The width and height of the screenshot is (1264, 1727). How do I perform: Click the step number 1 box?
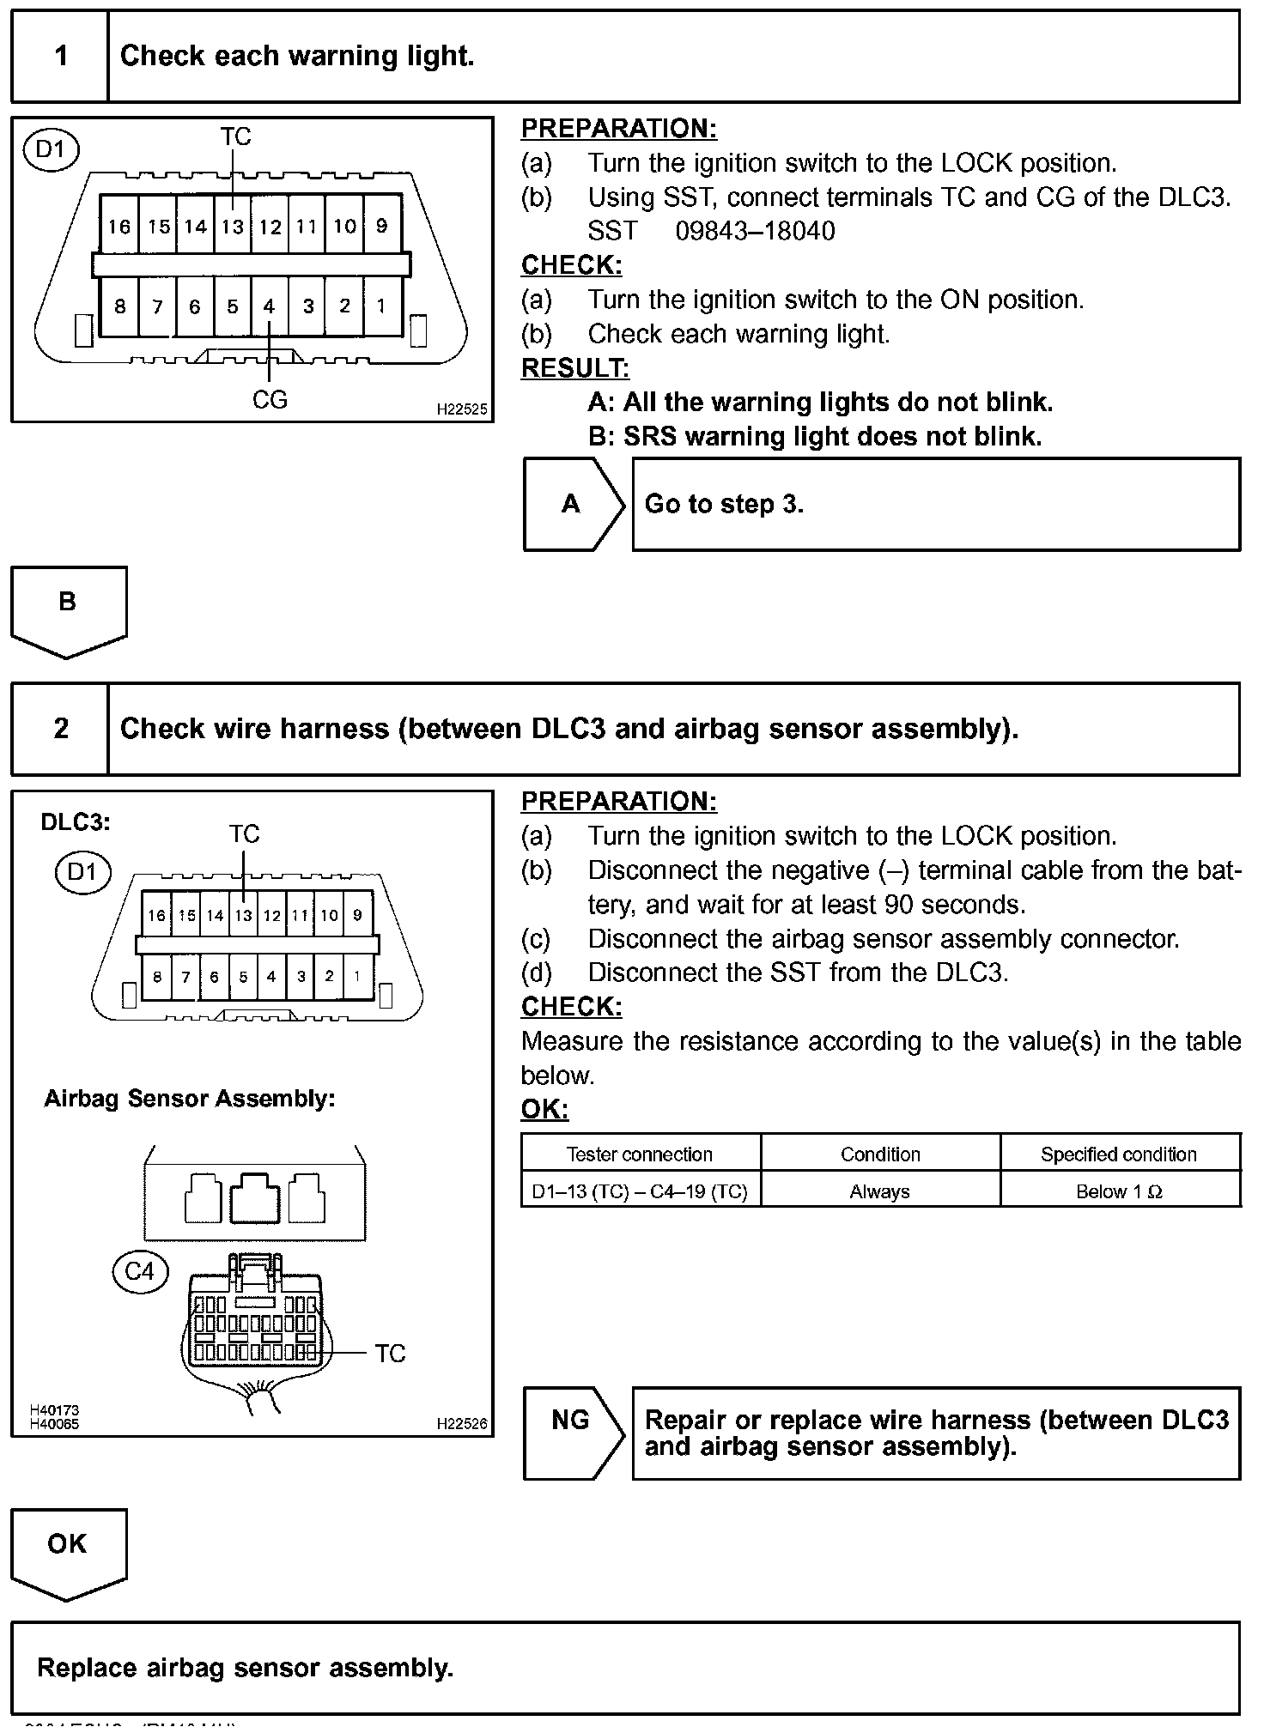tap(60, 57)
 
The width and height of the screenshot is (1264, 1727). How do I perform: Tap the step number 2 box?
tap(60, 729)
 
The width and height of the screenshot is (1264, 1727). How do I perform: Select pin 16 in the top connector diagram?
tap(119, 227)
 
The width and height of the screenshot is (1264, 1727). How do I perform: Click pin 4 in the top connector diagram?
tap(269, 306)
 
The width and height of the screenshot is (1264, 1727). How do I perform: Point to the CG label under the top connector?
tap(270, 400)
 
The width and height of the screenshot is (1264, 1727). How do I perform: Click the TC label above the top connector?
tap(235, 136)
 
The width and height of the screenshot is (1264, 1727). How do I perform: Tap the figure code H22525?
tap(461, 410)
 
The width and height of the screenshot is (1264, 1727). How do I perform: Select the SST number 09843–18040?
tap(755, 232)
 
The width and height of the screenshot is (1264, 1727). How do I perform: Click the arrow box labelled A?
tap(572, 504)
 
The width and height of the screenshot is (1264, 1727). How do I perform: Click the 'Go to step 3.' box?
tap(936, 504)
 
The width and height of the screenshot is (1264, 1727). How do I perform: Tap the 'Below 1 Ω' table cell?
tap(1119, 1191)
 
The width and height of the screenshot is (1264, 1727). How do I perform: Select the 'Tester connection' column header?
tap(640, 1154)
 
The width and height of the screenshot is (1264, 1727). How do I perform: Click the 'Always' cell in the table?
tap(880, 1191)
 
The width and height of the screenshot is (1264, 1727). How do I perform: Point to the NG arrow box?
tap(572, 1433)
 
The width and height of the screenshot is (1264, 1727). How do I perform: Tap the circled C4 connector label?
tap(140, 1271)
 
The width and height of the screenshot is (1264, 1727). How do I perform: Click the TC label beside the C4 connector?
tap(390, 1354)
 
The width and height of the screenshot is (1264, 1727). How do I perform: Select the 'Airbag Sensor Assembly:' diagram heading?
tap(190, 1099)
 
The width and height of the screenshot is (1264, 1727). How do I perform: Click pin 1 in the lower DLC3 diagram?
tap(357, 976)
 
